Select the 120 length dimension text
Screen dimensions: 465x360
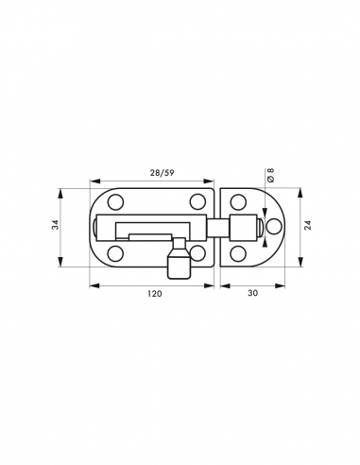[x=154, y=295]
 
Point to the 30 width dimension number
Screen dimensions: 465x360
[x=252, y=295]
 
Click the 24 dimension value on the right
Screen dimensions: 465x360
[x=308, y=227]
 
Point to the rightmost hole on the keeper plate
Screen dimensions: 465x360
[x=275, y=227]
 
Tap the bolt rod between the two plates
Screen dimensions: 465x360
[x=216, y=228]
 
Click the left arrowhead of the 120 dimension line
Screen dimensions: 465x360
[x=93, y=283]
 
